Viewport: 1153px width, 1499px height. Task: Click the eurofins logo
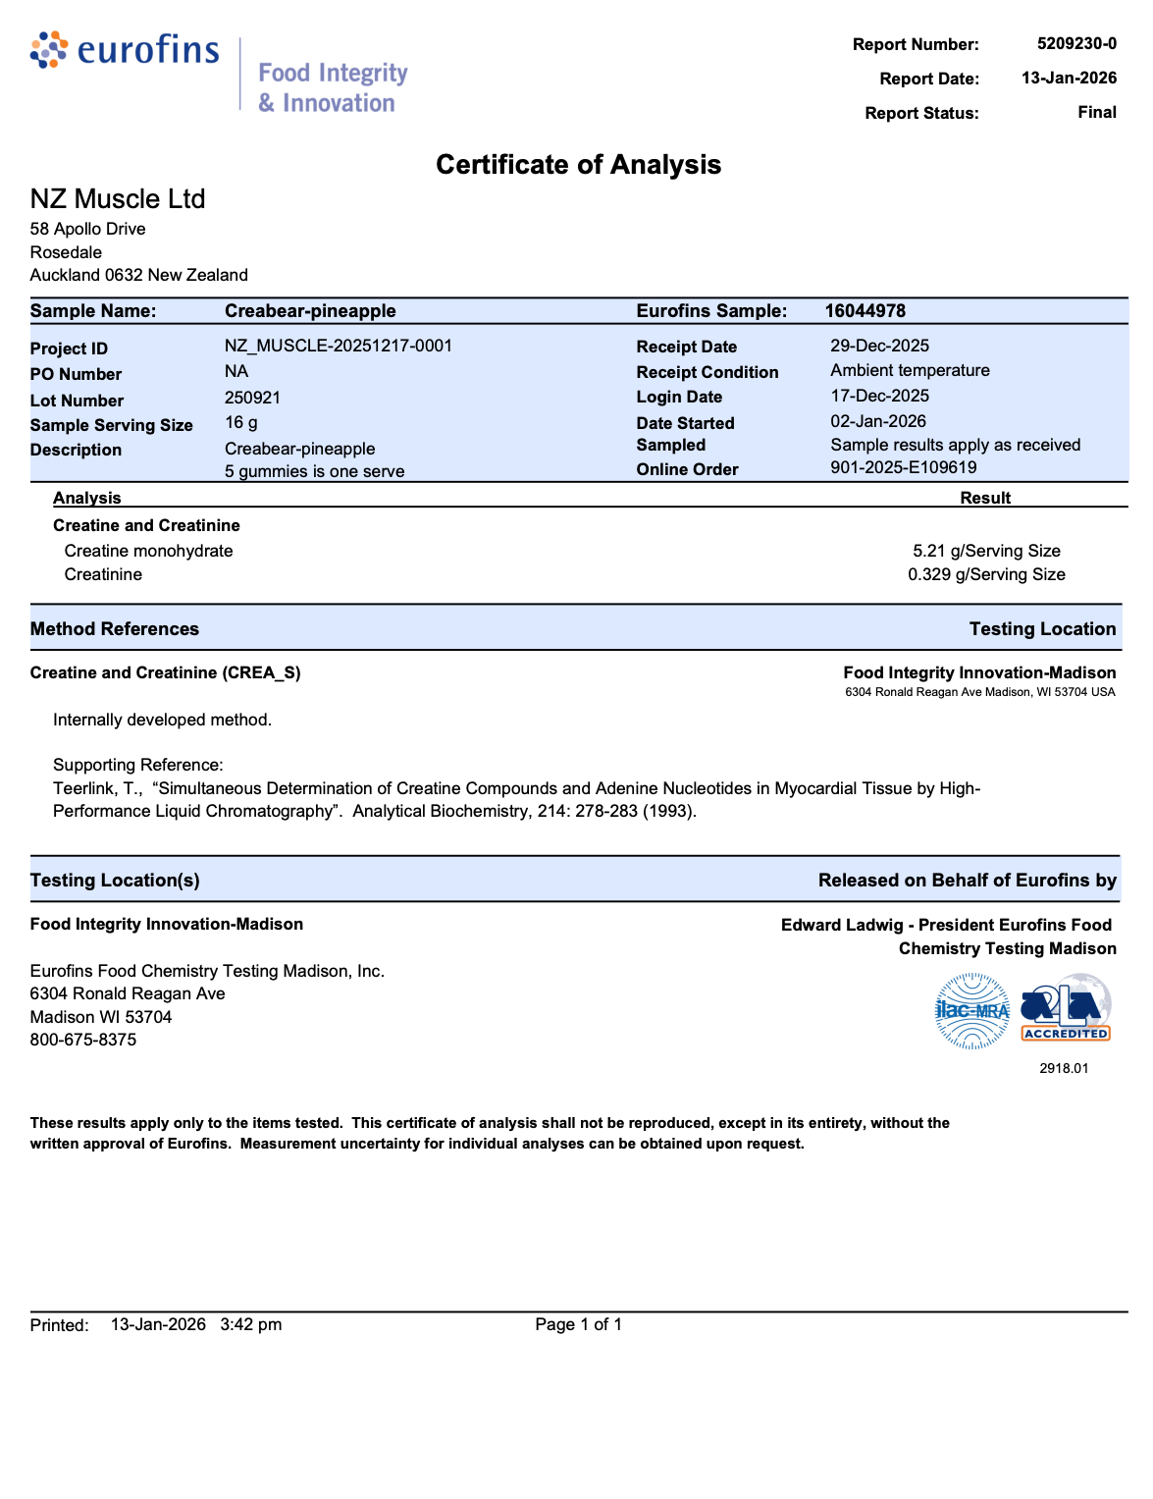pos(125,49)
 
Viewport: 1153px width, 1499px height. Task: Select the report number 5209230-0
pos(1076,44)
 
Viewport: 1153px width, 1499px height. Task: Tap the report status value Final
pos(1096,112)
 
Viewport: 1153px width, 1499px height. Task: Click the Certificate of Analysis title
pos(578,165)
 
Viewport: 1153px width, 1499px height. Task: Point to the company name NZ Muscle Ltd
pos(118,199)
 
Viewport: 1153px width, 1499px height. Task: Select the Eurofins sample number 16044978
pos(865,311)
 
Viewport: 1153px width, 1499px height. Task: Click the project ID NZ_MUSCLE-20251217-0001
pos(339,346)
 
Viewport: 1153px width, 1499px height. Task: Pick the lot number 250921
pos(252,398)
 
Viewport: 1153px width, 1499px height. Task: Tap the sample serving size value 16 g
pos(241,423)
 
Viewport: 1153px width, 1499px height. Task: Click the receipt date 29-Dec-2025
pos(879,346)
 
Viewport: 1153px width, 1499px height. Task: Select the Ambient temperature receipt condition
pos(910,370)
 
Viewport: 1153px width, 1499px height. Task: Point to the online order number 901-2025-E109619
pos(903,467)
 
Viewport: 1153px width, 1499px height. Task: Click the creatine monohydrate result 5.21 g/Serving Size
pos(986,552)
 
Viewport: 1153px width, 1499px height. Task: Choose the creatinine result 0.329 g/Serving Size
pos(986,574)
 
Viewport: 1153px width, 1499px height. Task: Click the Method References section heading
pos(115,629)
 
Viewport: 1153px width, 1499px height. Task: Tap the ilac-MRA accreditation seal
pos(971,1011)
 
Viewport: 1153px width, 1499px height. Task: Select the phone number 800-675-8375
pos(83,1040)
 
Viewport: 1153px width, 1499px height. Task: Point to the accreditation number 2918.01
pos(1064,1068)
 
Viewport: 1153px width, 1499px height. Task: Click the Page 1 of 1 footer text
pos(578,1324)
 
